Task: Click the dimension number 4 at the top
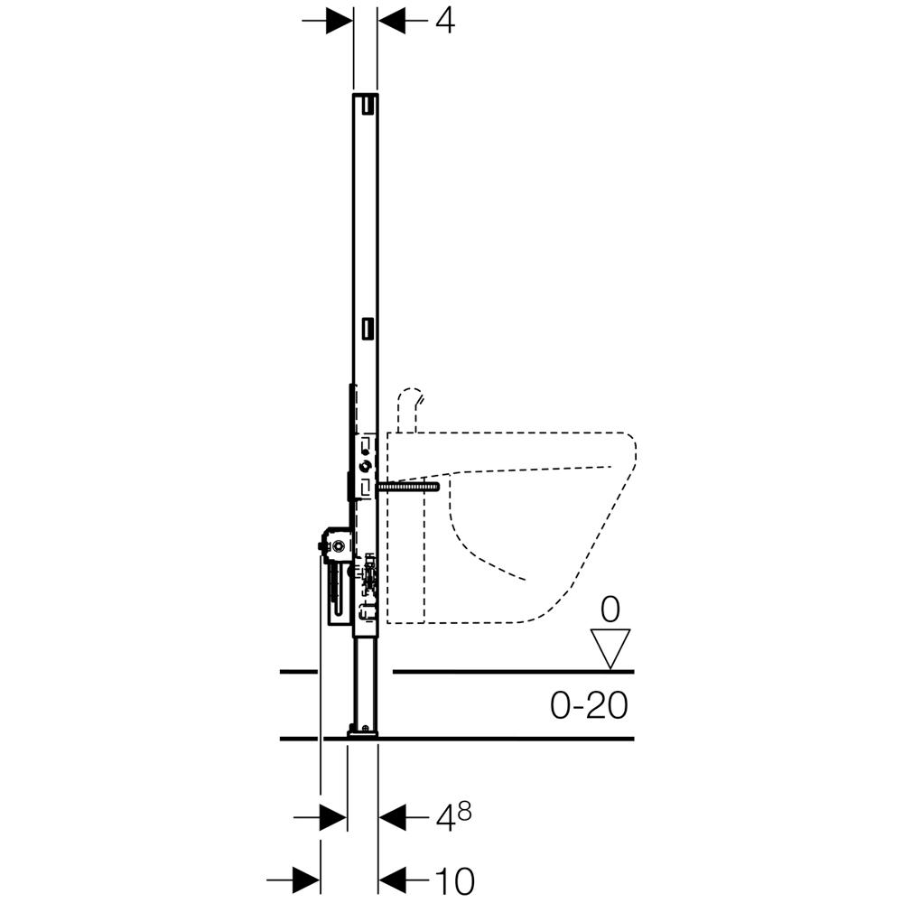click(444, 22)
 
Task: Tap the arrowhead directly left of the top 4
click(392, 22)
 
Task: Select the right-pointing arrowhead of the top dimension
click(340, 22)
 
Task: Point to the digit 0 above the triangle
click(610, 610)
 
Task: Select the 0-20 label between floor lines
click(589, 705)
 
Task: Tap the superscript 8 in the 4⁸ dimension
click(464, 813)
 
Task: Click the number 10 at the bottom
click(454, 880)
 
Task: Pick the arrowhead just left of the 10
click(392, 880)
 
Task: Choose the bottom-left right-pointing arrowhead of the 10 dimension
click(306, 880)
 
